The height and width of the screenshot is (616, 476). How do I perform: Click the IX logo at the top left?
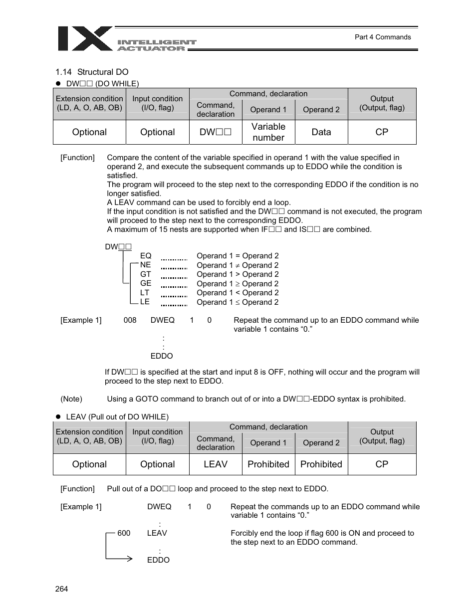click(85, 39)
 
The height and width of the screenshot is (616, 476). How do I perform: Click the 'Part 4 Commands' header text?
click(382, 37)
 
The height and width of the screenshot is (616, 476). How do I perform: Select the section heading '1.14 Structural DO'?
click(92, 72)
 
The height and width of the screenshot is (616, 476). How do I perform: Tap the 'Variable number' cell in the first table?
click(268, 132)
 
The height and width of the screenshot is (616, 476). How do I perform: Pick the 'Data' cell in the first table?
click(321, 132)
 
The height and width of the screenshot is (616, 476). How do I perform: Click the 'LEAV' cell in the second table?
click(216, 464)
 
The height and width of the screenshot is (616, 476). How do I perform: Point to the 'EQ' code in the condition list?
click(146, 256)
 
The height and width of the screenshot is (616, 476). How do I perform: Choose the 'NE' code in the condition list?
click(145, 265)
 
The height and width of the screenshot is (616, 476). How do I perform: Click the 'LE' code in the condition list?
click(145, 302)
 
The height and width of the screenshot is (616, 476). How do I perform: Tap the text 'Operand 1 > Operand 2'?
click(238, 274)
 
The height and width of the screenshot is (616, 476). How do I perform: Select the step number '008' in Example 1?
click(130, 320)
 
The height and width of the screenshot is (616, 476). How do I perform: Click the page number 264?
click(62, 589)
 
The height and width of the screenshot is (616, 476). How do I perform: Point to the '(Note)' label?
click(71, 399)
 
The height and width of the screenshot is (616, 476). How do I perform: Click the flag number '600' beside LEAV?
click(124, 533)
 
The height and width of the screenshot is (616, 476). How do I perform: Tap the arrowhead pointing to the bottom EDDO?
click(130, 559)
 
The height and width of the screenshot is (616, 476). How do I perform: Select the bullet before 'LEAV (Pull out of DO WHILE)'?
click(58, 416)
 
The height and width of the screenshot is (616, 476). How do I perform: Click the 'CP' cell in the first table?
click(382, 132)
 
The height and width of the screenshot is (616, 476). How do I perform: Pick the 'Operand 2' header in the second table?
click(321, 443)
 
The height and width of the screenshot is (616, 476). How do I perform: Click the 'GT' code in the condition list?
click(145, 274)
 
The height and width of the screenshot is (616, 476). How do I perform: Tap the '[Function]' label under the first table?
click(77, 158)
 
